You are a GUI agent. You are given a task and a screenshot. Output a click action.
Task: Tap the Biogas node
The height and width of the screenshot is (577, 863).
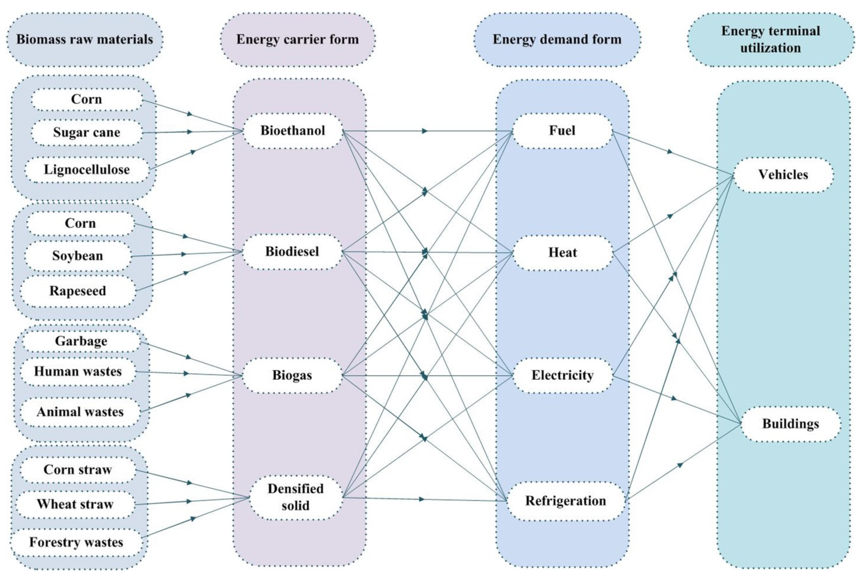tap(292, 375)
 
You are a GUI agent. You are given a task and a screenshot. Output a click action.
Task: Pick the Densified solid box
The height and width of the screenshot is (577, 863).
tap(296, 497)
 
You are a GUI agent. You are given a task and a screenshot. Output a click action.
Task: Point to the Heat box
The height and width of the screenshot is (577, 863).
tap(562, 253)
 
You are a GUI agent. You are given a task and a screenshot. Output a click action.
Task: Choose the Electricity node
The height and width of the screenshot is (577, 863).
tap(562, 375)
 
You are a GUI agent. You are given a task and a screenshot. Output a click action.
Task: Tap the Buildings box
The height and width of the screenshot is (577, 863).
tap(791, 424)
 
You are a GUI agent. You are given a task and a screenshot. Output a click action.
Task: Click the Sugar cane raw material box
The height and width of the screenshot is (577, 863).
tap(87, 132)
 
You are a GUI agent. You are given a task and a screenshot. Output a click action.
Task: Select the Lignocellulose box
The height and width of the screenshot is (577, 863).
tap(87, 170)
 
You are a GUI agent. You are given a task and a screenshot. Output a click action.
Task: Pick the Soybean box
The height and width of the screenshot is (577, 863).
tap(78, 256)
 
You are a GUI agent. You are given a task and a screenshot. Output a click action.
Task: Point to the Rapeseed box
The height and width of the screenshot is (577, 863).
tap(78, 291)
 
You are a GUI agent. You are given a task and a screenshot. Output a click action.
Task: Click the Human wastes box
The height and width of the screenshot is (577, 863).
tap(78, 372)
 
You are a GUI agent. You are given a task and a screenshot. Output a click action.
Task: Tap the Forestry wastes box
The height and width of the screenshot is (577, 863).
tap(76, 542)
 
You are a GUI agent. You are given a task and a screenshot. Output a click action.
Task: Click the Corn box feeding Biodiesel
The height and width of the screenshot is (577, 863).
tap(80, 224)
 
